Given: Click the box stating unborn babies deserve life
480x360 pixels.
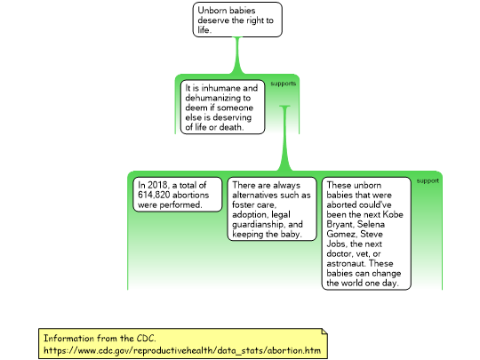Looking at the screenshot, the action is tap(237, 20).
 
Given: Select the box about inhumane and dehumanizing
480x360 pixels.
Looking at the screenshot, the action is tap(222, 108).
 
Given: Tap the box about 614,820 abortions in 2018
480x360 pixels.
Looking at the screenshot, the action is tap(178, 195).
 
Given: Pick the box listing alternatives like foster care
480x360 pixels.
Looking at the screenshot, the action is tap(272, 209).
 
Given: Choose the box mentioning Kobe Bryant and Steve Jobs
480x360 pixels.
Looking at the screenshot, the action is tap(366, 233).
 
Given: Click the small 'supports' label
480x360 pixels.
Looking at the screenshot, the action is tap(284, 84).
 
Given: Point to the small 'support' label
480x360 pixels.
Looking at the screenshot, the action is tap(428, 181).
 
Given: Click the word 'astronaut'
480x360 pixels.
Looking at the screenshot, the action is tap(347, 264).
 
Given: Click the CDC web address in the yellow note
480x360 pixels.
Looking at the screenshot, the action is tap(182, 350).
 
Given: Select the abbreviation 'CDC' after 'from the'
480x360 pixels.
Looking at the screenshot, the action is tap(146, 339).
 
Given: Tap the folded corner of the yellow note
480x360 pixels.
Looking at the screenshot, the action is tap(324, 332).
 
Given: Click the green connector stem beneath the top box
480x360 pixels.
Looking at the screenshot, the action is tap(237, 55).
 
